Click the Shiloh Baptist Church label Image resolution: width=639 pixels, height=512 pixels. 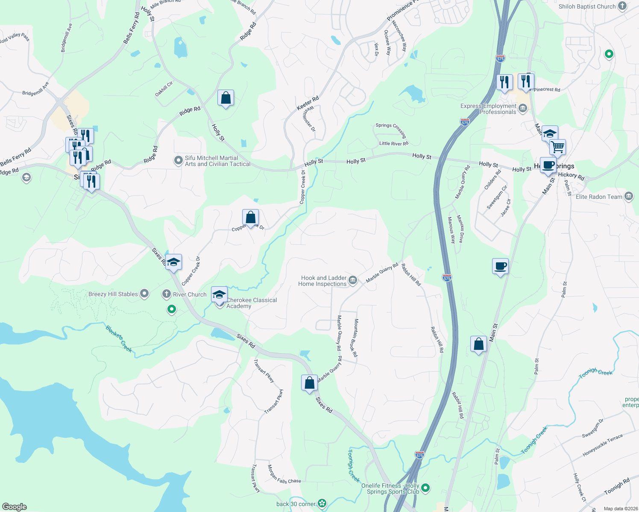click(x=587, y=6)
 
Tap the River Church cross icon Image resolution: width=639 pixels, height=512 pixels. click(x=167, y=294)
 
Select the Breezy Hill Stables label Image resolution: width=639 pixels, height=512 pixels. click(x=113, y=294)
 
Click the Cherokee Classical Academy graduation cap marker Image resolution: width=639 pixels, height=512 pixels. click(x=220, y=295)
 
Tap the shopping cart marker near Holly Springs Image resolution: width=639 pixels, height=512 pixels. click(x=557, y=147)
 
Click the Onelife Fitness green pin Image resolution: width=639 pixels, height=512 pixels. click(x=425, y=488)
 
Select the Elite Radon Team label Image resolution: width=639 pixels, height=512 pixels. click(x=599, y=197)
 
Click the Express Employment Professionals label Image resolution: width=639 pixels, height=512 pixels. click(x=488, y=109)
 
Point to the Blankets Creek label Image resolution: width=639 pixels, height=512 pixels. click(x=119, y=339)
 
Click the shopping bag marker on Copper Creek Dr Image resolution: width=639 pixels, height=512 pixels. click(x=250, y=217)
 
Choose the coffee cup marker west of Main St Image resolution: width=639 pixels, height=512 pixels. click(x=500, y=267)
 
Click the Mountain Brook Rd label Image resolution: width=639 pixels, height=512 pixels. click(x=355, y=337)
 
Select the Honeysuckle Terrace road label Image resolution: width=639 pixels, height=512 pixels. click(x=602, y=445)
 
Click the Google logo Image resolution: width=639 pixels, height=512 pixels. click(x=15, y=507)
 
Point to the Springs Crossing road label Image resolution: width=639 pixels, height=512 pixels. click(x=391, y=130)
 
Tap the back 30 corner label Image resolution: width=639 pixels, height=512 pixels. click(x=296, y=504)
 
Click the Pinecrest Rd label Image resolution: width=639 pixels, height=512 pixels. click(x=547, y=90)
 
